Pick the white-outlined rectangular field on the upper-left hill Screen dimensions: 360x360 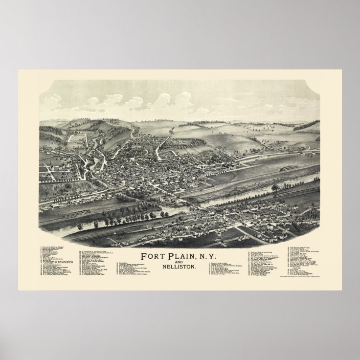pos(77,138)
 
